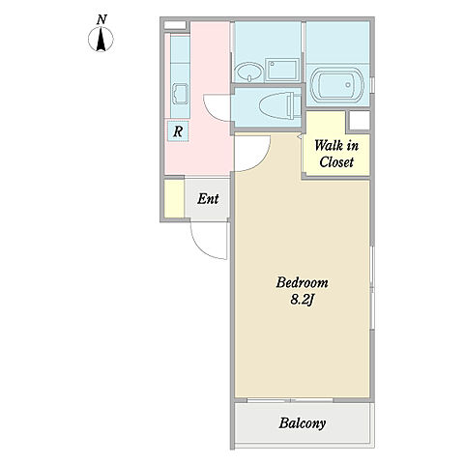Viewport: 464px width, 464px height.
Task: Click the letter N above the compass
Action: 101,19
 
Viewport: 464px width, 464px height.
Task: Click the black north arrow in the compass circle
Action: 101,40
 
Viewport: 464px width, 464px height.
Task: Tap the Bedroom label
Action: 303,283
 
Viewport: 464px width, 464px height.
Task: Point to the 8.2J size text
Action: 303,300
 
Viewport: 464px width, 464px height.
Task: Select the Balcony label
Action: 303,423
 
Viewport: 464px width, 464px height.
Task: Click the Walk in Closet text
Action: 336,154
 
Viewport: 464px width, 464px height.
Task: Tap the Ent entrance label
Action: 208,199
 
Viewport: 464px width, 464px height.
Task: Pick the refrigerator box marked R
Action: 178,130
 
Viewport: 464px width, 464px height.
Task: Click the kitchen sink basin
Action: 180,94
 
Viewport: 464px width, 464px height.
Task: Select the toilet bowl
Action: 277,105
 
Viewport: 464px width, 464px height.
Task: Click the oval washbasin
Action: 248,72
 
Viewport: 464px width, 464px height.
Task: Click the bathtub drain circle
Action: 348,85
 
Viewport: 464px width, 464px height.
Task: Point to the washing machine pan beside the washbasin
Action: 282,70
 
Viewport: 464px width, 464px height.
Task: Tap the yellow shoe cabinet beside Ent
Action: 174,198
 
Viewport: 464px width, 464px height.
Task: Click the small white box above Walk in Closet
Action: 360,121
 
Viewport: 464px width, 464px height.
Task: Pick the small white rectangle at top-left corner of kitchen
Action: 175,25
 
